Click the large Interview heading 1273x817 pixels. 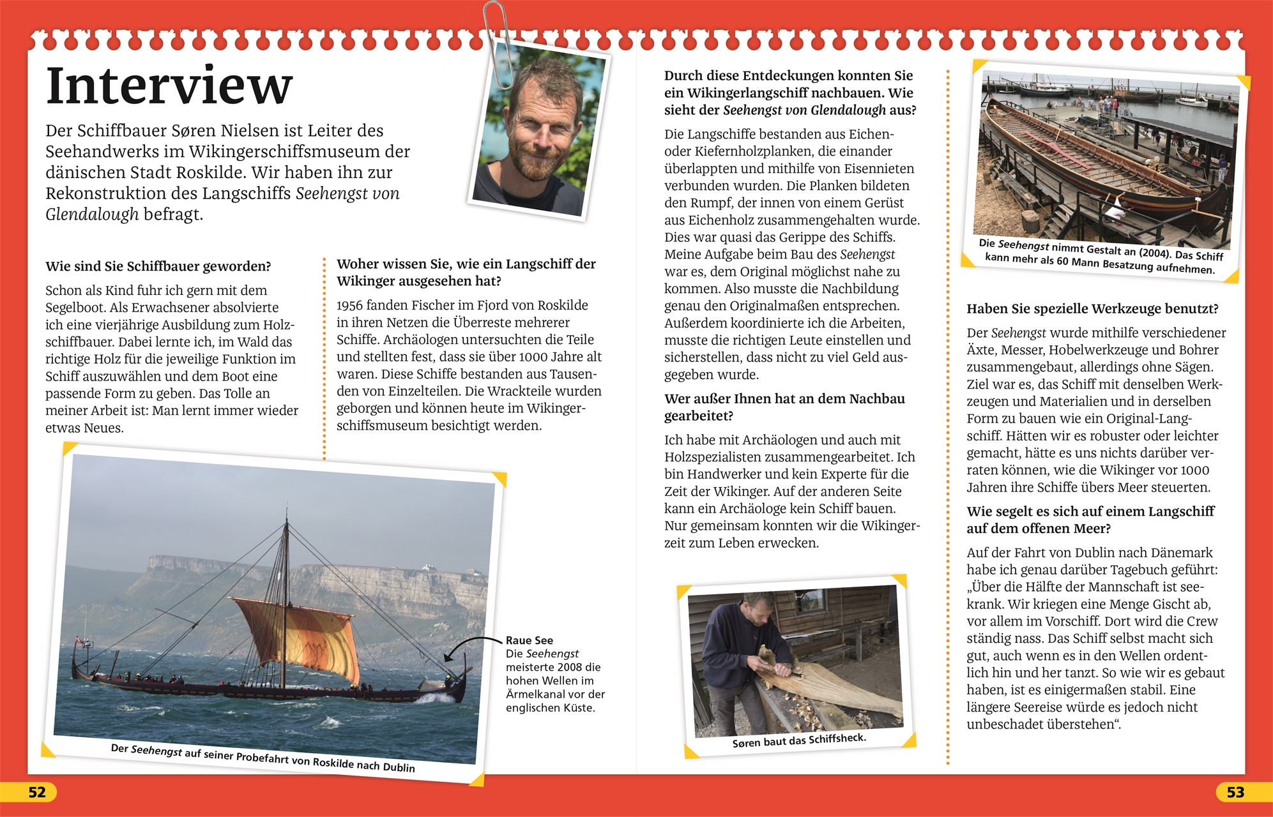point(169,86)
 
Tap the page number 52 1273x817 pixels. point(37,792)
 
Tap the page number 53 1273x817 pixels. point(1235,792)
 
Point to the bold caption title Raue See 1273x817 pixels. point(530,640)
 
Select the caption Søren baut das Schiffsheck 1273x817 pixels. point(799,740)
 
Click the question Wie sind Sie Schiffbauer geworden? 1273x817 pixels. point(158,266)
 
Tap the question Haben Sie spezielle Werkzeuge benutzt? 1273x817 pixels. point(1092,309)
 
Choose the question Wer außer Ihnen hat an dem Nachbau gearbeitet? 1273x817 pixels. point(784,407)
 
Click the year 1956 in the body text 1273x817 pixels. point(350,306)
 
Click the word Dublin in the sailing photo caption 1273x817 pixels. point(399,767)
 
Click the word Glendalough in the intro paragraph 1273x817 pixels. point(92,214)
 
